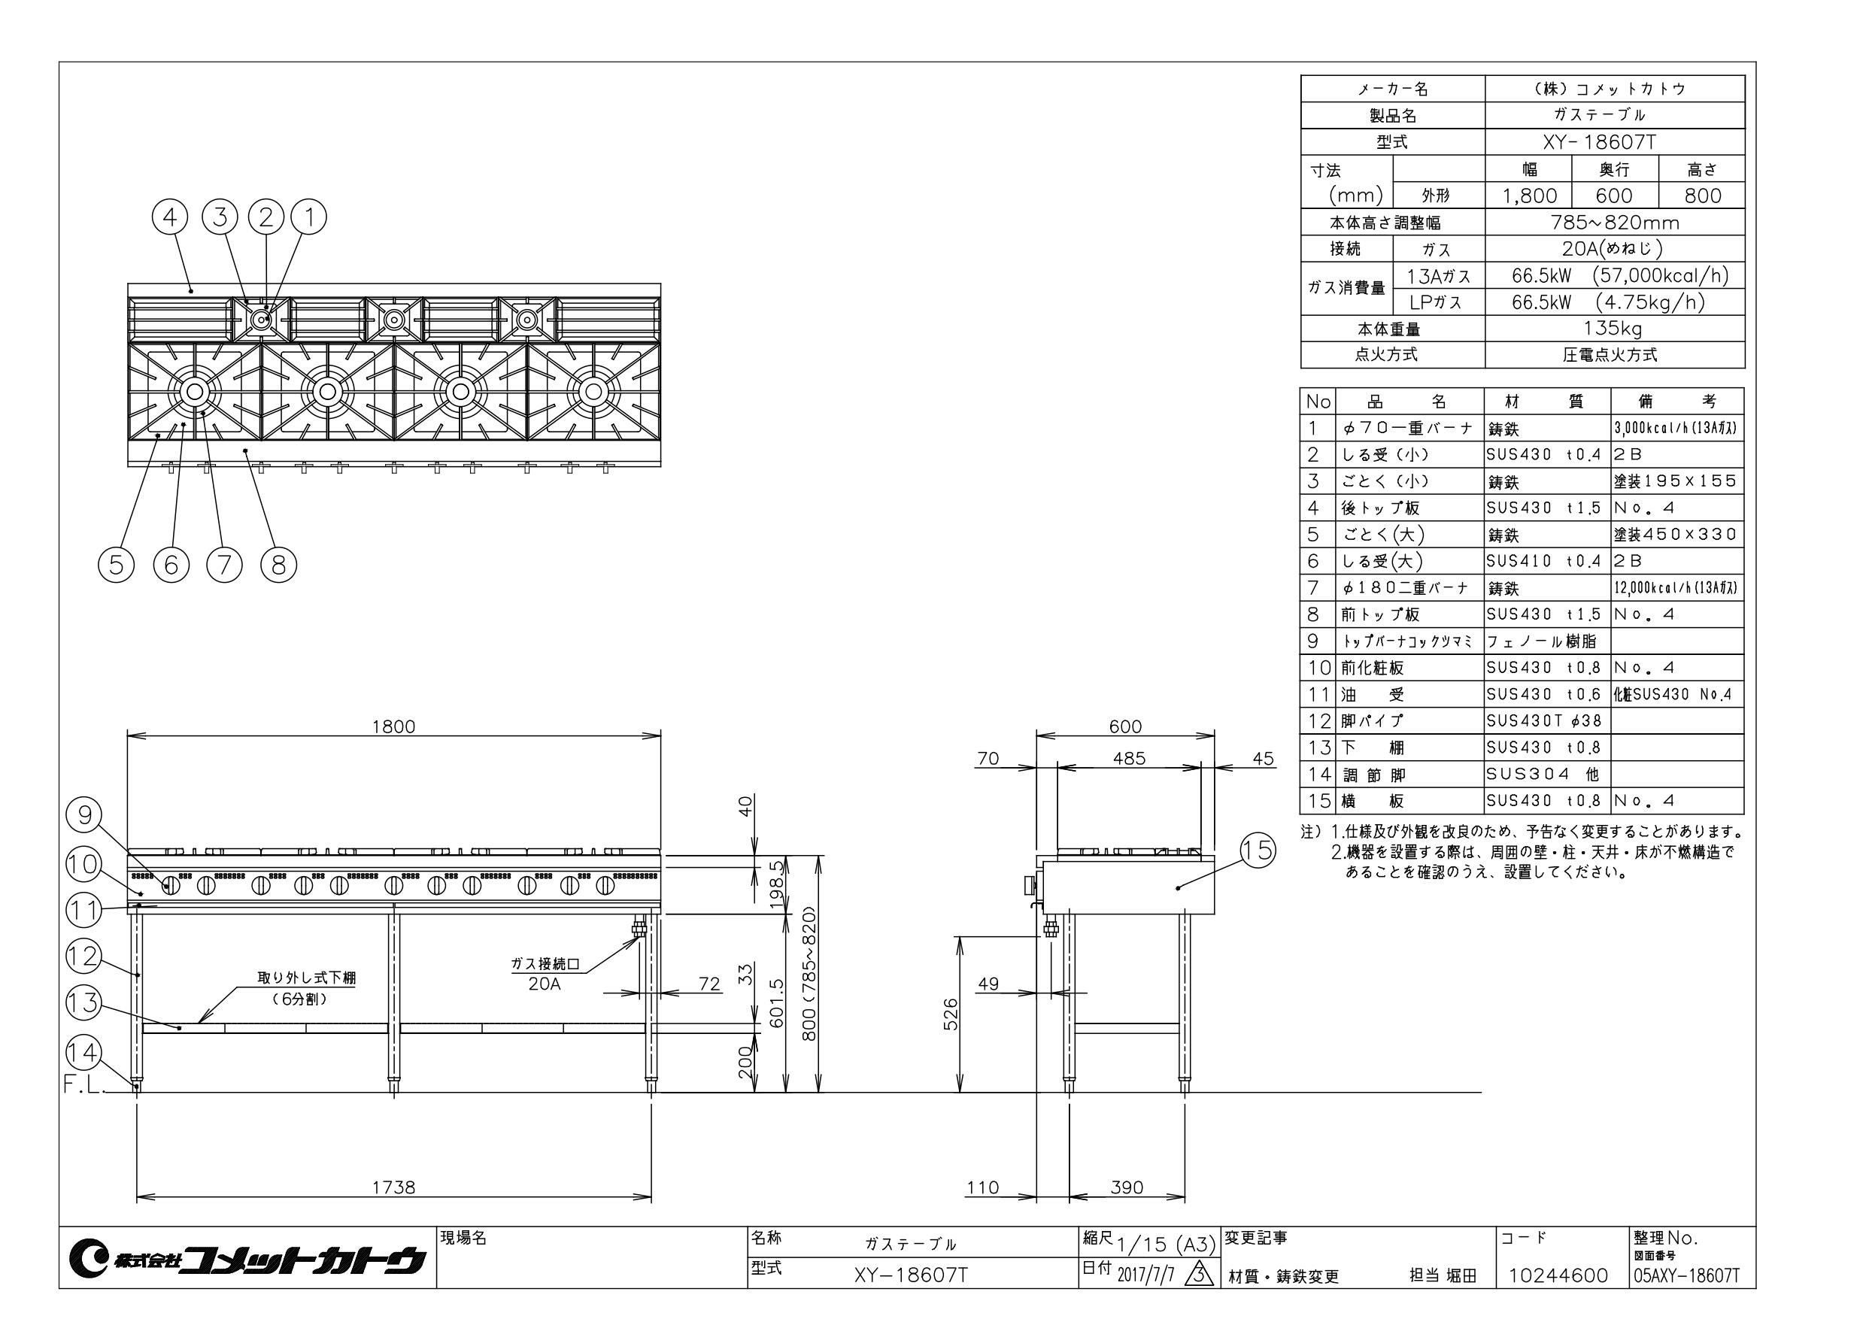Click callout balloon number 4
click(x=170, y=217)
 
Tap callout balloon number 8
click(x=279, y=564)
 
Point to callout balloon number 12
click(x=83, y=957)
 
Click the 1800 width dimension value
click(x=393, y=726)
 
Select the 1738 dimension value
click(x=393, y=1187)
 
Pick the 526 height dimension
click(x=950, y=1014)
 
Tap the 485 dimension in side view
click(x=1129, y=758)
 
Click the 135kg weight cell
click(x=1613, y=329)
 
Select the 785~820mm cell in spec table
click(x=1613, y=222)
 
